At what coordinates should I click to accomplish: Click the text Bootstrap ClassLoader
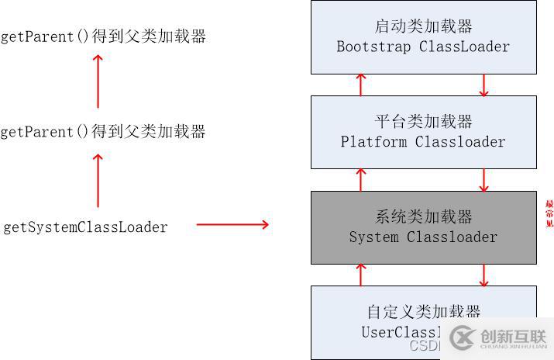[x=423, y=47]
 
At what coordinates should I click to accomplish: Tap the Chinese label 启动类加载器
[x=423, y=26]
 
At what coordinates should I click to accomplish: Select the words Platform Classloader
[x=423, y=142]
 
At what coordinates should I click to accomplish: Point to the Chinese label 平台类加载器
[x=423, y=121]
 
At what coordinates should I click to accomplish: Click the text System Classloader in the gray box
[x=423, y=237]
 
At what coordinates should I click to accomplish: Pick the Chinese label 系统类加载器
[x=423, y=216]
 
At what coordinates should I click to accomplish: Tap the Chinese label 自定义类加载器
[x=423, y=312]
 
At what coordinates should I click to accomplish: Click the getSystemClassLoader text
[x=85, y=227]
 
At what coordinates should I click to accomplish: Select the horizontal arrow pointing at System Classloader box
[x=232, y=225]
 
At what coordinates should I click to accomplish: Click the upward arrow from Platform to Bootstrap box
[x=361, y=85]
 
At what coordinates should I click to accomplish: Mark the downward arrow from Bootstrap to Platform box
[x=484, y=85]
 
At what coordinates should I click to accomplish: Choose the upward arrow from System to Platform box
[x=361, y=179]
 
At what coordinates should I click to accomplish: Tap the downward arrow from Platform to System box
[x=484, y=179]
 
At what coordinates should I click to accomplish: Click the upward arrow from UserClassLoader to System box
[x=361, y=274]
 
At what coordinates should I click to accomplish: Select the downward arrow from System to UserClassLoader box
[x=484, y=274]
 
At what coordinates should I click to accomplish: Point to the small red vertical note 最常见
[x=549, y=214]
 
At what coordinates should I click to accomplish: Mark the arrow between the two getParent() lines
[x=98, y=81]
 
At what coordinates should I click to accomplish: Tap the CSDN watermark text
[x=424, y=345]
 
